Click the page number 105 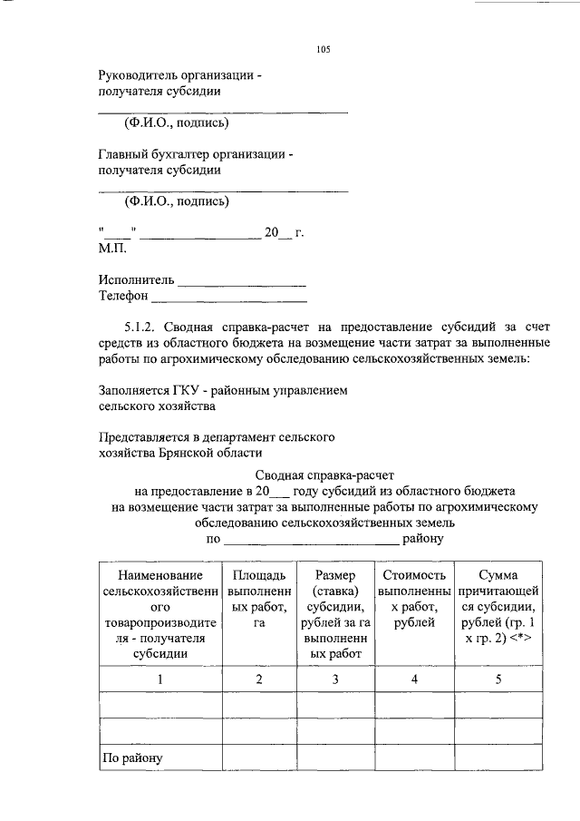(x=324, y=50)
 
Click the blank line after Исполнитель (x=242, y=280)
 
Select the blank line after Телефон (x=228, y=296)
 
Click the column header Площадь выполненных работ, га (x=258, y=607)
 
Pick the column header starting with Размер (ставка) (x=335, y=614)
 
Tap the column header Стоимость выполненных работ (x=414, y=599)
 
